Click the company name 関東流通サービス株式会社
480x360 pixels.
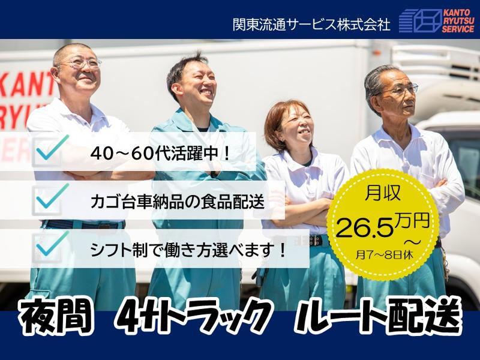[x=311, y=24]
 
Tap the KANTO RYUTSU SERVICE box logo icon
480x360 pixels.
[x=420, y=20]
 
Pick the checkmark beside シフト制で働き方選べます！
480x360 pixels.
[x=52, y=245]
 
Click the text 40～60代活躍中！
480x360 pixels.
[x=160, y=153]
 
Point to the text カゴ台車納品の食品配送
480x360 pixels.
[x=177, y=200]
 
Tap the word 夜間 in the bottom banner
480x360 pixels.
[x=55, y=316]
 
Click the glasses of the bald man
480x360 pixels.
[x=82, y=63]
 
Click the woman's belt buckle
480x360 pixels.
[x=313, y=241]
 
